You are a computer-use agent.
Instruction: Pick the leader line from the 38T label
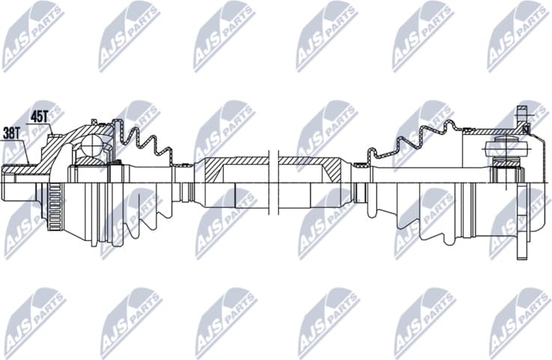24,150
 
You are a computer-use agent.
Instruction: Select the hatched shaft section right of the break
311,165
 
